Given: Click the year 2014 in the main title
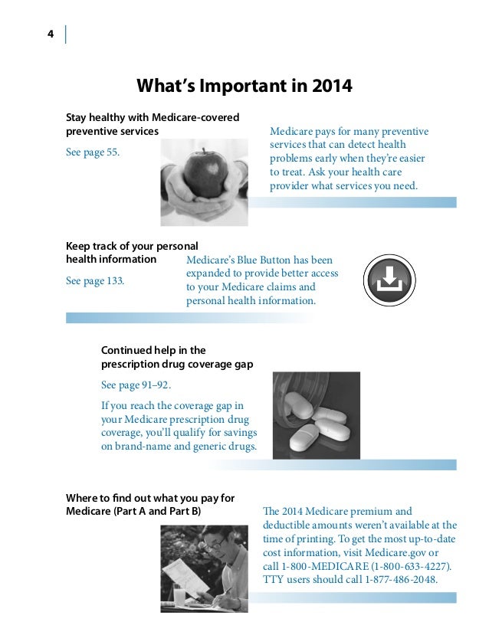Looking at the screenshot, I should pos(332,86).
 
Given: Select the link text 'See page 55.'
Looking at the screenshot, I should pos(93,152).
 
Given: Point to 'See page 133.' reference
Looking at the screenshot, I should pos(95,281).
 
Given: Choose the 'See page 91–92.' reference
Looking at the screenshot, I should pos(136,385).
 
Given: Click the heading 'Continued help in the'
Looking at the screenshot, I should pos(153,350).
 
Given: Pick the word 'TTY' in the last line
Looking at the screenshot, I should pos(274,580).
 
